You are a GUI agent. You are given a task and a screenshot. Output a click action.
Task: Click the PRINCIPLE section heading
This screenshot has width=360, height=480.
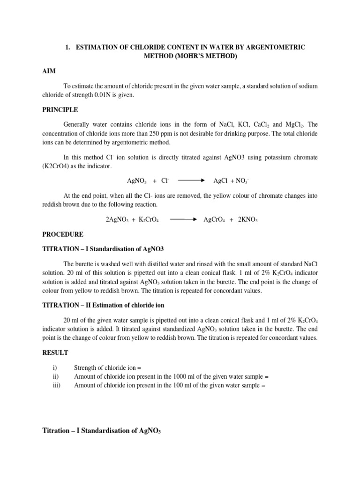[60, 110]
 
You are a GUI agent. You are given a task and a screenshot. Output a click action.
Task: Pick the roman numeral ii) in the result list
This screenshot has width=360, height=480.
[57, 376]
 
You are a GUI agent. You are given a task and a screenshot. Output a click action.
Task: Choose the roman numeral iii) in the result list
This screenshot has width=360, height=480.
[57, 385]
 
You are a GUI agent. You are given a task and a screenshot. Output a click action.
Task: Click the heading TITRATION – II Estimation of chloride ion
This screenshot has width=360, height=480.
[103, 305]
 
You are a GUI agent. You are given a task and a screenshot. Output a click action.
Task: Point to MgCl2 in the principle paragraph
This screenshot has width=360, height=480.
[293, 125]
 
